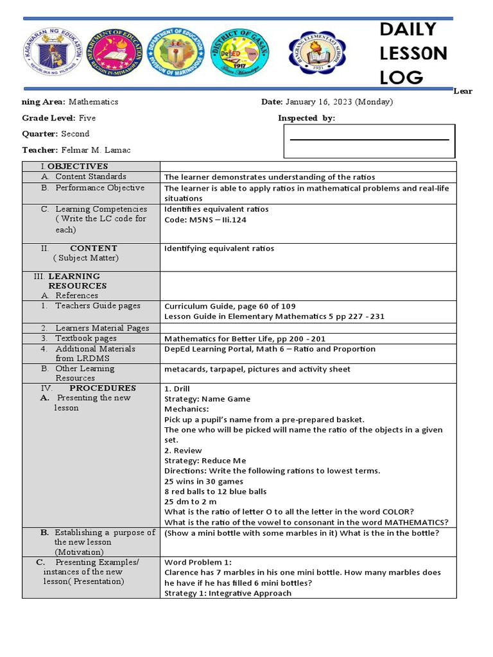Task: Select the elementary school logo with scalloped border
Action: click(316, 53)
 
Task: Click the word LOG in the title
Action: click(401, 78)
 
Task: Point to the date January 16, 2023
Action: click(339, 102)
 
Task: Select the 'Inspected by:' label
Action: click(306, 118)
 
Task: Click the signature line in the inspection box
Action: click(369, 139)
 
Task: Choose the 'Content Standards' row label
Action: click(91, 176)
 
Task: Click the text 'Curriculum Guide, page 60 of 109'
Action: click(230, 306)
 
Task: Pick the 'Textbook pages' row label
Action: click(85, 338)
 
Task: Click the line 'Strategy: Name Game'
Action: click(207, 399)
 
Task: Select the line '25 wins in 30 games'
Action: click(203, 481)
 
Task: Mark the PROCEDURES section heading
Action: click(103, 388)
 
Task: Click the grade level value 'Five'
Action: click(87, 118)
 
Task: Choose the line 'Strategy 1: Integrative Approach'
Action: click(228, 593)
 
